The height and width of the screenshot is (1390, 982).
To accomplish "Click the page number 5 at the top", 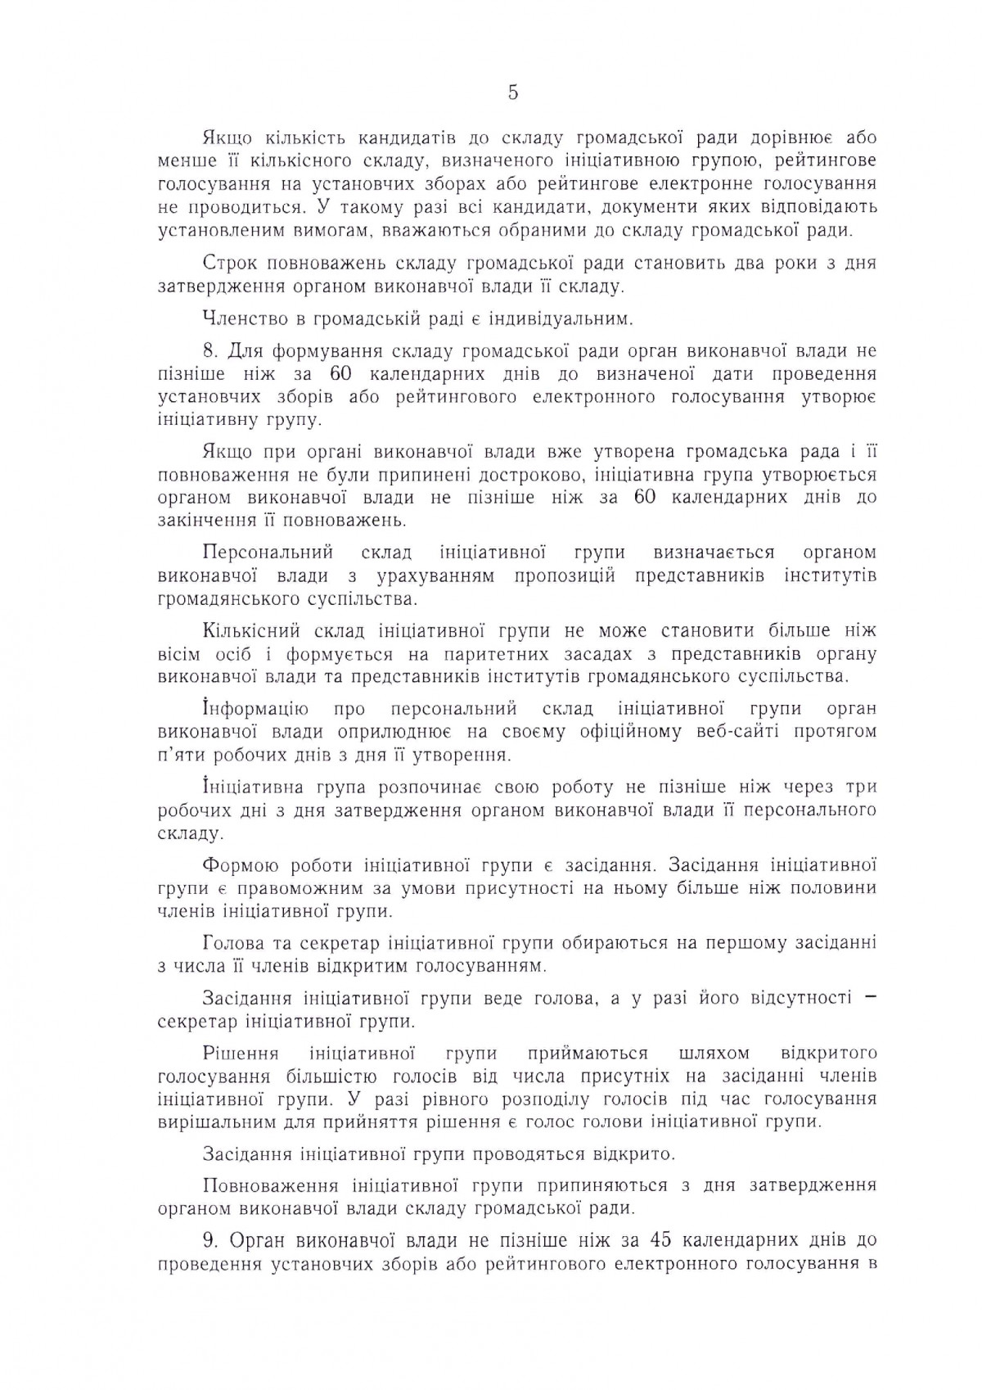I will pyautogui.click(x=513, y=93).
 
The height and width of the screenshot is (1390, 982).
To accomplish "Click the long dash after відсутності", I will pyautogui.click(x=870, y=998).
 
